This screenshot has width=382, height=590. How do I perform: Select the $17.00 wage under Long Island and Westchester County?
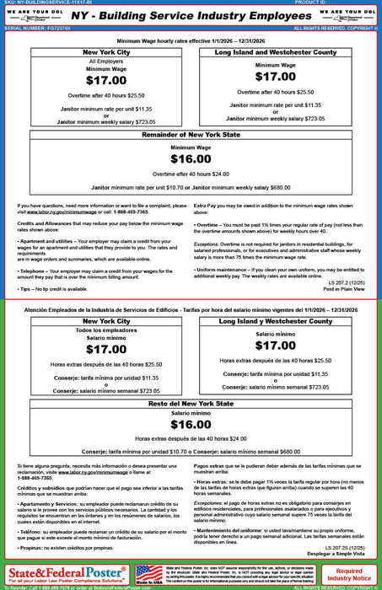click(x=275, y=76)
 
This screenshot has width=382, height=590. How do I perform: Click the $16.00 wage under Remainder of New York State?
click(x=191, y=159)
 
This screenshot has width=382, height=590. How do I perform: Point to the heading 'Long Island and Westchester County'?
click(x=276, y=52)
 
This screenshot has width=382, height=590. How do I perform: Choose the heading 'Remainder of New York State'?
click(x=191, y=136)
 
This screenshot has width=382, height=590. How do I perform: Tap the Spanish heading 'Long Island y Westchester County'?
click(x=276, y=321)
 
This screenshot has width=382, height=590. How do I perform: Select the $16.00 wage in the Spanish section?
click(x=191, y=425)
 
